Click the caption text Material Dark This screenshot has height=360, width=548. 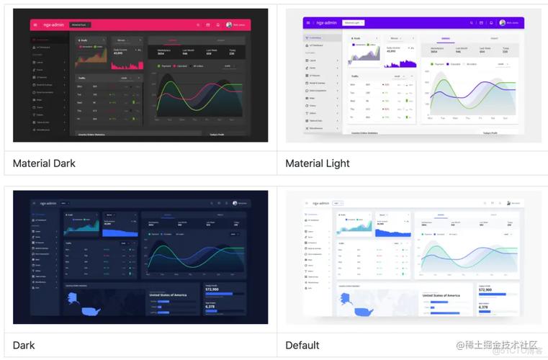click(44, 163)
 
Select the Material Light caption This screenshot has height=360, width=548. click(318, 163)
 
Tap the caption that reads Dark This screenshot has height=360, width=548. click(24, 345)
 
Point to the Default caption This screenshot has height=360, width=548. click(302, 345)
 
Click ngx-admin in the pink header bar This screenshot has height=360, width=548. click(53, 24)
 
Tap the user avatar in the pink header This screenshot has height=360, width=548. click(229, 24)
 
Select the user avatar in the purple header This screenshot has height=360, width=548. click(502, 22)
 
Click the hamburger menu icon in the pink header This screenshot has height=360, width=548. click(35, 24)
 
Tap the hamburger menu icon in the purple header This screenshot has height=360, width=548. click(308, 22)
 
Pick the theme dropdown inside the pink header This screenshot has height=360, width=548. click(79, 24)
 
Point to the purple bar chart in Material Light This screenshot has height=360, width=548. click(403, 62)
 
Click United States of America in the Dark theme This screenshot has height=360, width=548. click(168, 295)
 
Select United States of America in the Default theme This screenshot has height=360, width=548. click(441, 295)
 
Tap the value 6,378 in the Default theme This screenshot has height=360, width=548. click(483, 307)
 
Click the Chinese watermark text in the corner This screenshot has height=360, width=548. click(497, 344)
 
